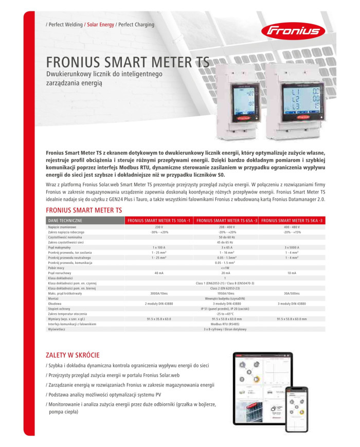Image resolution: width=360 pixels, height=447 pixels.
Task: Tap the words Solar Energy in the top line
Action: click(100, 24)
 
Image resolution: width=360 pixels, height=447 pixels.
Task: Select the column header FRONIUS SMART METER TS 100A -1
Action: click(158, 220)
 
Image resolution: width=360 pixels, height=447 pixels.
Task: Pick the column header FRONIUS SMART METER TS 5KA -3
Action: click(292, 220)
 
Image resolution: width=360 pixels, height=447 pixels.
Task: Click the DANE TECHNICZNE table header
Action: click(65, 220)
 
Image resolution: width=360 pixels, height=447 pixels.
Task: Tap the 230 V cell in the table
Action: click(158, 227)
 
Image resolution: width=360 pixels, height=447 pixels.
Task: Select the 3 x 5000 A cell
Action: click(292, 247)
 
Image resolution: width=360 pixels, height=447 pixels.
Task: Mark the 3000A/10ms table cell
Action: click(158, 293)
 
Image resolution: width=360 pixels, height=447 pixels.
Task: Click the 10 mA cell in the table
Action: click(292, 273)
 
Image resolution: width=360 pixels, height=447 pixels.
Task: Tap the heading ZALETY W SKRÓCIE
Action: click(73, 355)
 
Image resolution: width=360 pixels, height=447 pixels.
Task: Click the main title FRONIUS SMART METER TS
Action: click(128, 63)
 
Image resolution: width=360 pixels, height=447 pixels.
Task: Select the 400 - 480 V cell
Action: click(292, 227)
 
